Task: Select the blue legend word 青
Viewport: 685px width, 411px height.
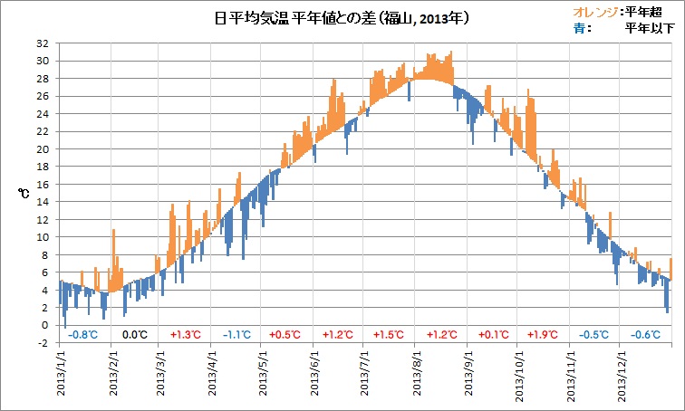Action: pos(580,28)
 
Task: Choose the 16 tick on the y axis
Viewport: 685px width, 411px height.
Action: pos(43,185)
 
